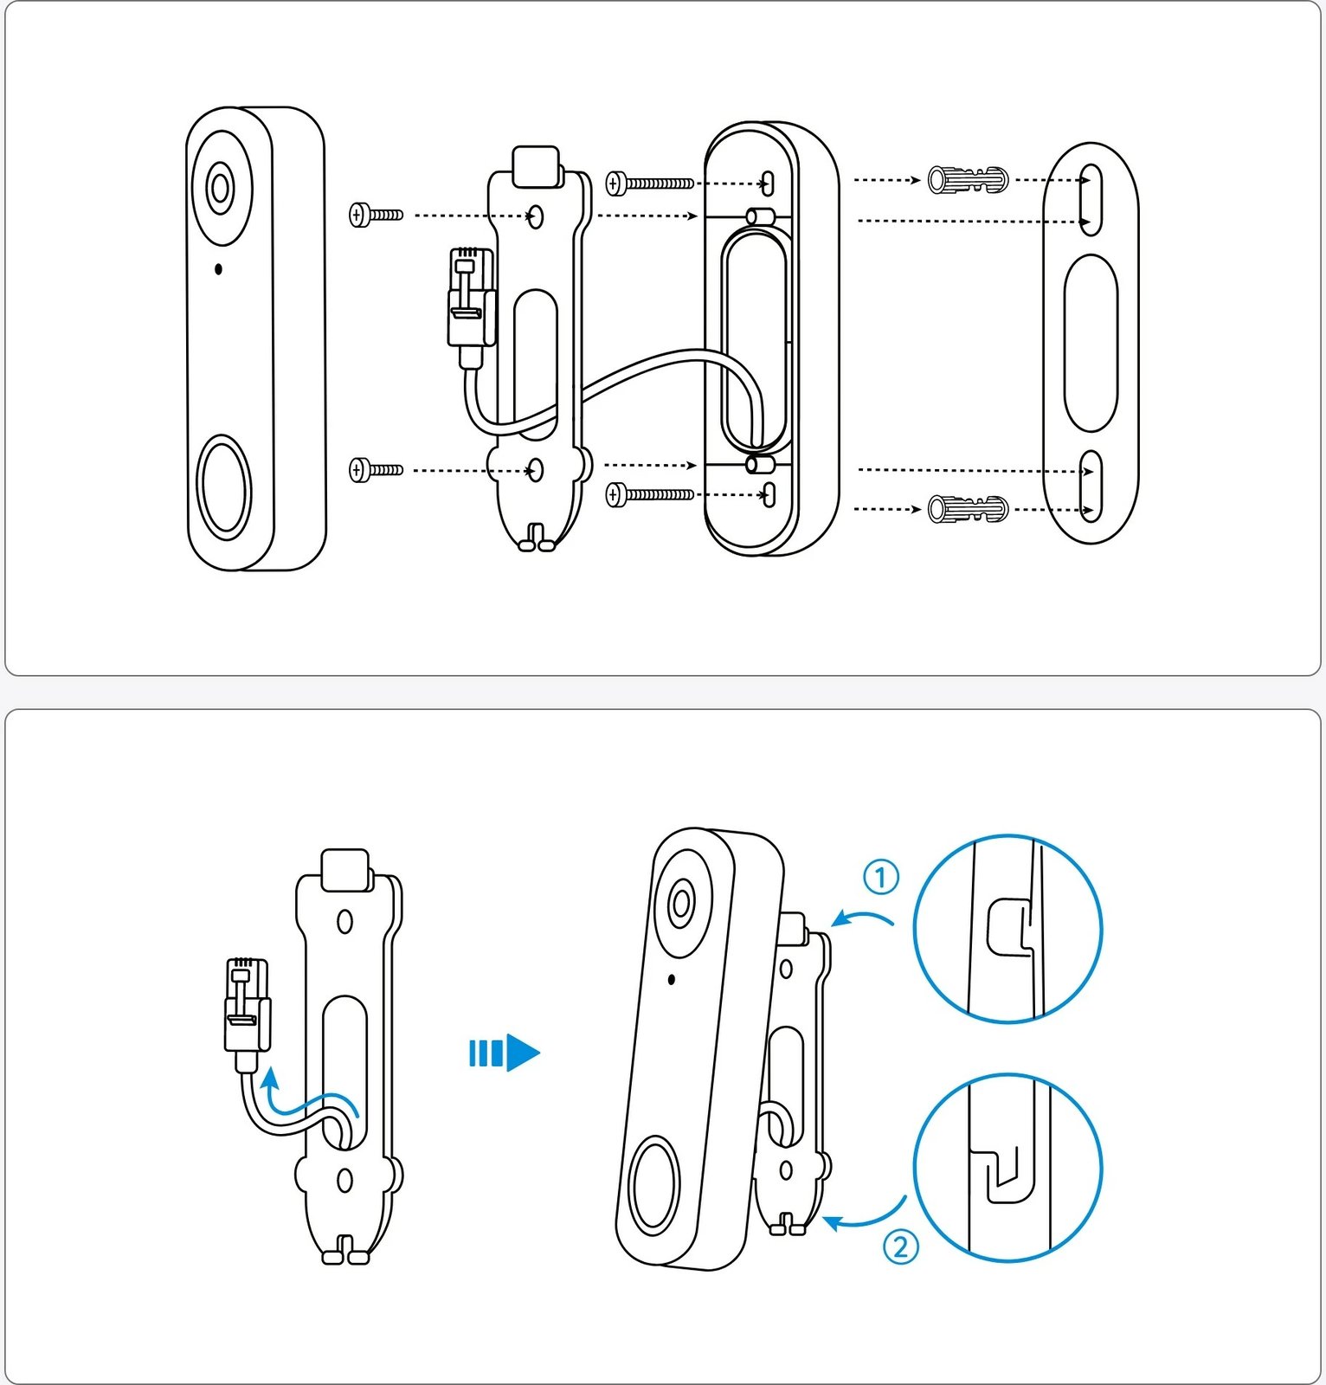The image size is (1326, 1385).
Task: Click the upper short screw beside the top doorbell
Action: (x=376, y=214)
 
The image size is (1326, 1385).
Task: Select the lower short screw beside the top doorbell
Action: (x=376, y=470)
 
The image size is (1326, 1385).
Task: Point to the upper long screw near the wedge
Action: (x=649, y=184)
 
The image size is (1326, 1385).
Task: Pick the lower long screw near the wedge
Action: (x=649, y=495)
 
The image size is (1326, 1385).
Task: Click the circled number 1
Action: (x=881, y=878)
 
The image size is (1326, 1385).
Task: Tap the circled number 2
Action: (x=900, y=1247)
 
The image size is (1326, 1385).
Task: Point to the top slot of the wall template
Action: (x=1091, y=200)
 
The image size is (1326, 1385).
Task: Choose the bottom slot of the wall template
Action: (x=1091, y=486)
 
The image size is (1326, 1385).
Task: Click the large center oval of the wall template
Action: (x=1091, y=343)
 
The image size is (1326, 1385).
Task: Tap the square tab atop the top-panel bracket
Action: (x=536, y=166)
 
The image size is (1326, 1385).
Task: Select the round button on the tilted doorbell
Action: (x=654, y=1188)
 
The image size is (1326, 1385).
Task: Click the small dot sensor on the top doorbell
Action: (x=218, y=269)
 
